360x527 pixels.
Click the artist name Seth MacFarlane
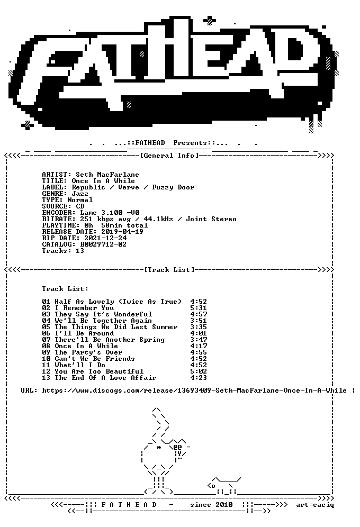click(107, 175)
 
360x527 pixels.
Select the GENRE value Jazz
click(80, 194)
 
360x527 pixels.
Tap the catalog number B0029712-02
click(103, 244)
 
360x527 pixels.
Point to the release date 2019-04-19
click(122, 232)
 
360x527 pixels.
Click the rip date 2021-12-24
click(105, 238)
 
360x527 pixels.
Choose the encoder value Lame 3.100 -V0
click(110, 213)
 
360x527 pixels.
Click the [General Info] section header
click(170, 156)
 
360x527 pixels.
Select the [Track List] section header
click(170, 270)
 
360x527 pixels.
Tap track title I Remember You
click(84, 308)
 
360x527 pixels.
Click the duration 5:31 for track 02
click(199, 308)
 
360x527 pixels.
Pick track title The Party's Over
click(89, 352)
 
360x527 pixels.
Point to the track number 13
click(46, 378)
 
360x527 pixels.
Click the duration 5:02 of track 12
click(199, 371)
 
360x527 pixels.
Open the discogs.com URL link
click(194, 390)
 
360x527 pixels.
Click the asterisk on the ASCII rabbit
click(159, 447)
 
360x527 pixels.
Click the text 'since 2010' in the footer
click(211, 505)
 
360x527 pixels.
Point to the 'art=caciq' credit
click(316, 505)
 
